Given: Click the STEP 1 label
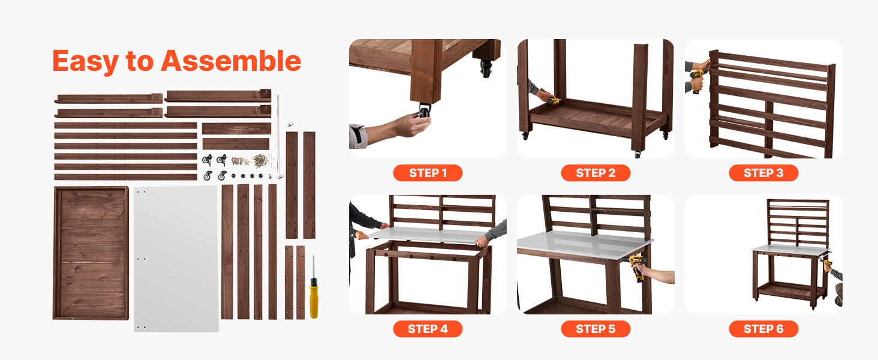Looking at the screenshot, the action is coord(428,173).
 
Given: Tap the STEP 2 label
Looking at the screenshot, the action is coord(596,173).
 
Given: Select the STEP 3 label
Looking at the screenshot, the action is coord(763,173).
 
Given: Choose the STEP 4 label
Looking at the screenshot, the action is coord(428,329).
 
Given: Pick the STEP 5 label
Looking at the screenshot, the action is coord(596,329).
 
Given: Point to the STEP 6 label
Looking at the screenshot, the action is coord(763,329).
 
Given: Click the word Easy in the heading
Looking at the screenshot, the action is coord(85,62).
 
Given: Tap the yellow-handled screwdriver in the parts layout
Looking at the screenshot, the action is coord(314,287).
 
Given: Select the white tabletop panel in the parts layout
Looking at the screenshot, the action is coord(176,259).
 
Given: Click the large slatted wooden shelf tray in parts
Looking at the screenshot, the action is coord(91,253).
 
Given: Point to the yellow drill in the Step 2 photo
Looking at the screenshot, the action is coord(553,99).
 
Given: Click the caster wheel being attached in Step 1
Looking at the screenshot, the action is coord(424,110).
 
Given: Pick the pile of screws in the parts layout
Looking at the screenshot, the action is coord(259,161).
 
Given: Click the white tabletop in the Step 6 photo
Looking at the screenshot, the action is coord(790,248).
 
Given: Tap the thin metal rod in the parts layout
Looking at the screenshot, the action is coord(278,133).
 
